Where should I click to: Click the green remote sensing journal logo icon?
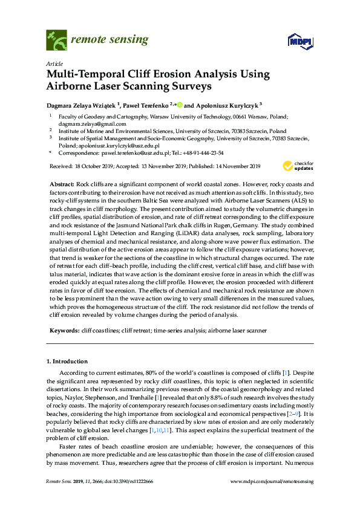click(56, 41)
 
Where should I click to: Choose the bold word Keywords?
click(64, 331)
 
